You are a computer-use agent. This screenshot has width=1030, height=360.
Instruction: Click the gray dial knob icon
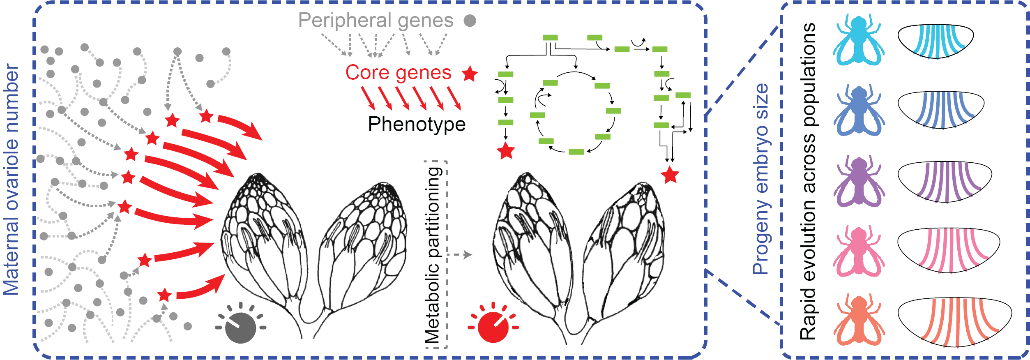[x=241, y=327]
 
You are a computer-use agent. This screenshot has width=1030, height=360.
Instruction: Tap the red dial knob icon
[x=493, y=327]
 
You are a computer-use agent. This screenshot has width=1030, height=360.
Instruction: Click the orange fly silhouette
[x=859, y=321]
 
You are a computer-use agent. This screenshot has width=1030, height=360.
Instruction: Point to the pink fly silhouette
[x=859, y=251]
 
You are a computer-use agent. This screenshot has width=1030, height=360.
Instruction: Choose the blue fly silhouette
[x=859, y=111]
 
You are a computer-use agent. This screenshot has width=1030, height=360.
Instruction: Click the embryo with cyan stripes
[x=935, y=41]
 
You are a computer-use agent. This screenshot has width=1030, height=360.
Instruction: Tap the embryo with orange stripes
[x=954, y=322]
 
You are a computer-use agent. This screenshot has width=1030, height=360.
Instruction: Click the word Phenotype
[x=417, y=124]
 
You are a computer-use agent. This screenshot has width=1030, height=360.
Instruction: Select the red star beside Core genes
[x=470, y=74]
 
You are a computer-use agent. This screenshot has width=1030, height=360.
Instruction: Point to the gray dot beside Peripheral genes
[x=470, y=21]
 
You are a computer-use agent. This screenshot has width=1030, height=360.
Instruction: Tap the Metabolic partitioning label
[x=433, y=255]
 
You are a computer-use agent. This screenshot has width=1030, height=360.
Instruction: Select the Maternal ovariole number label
[x=11, y=180]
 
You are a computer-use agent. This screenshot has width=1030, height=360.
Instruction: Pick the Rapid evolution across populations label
[x=808, y=181]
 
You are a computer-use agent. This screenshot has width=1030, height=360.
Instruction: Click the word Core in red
[x=367, y=73]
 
